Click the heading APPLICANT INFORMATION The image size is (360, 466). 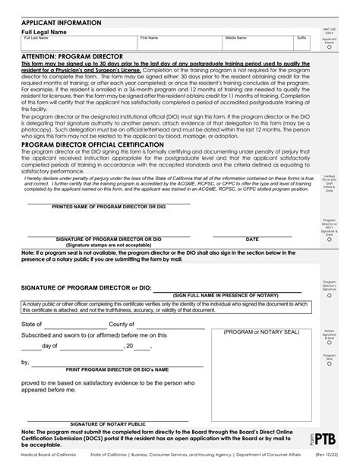coord(56,23)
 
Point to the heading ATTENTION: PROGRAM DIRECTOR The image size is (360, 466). coord(73,56)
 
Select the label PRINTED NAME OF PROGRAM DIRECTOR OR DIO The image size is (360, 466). coord(108,206)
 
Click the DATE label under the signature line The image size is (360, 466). coord(251,239)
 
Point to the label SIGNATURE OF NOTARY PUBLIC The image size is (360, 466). coord(108,423)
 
